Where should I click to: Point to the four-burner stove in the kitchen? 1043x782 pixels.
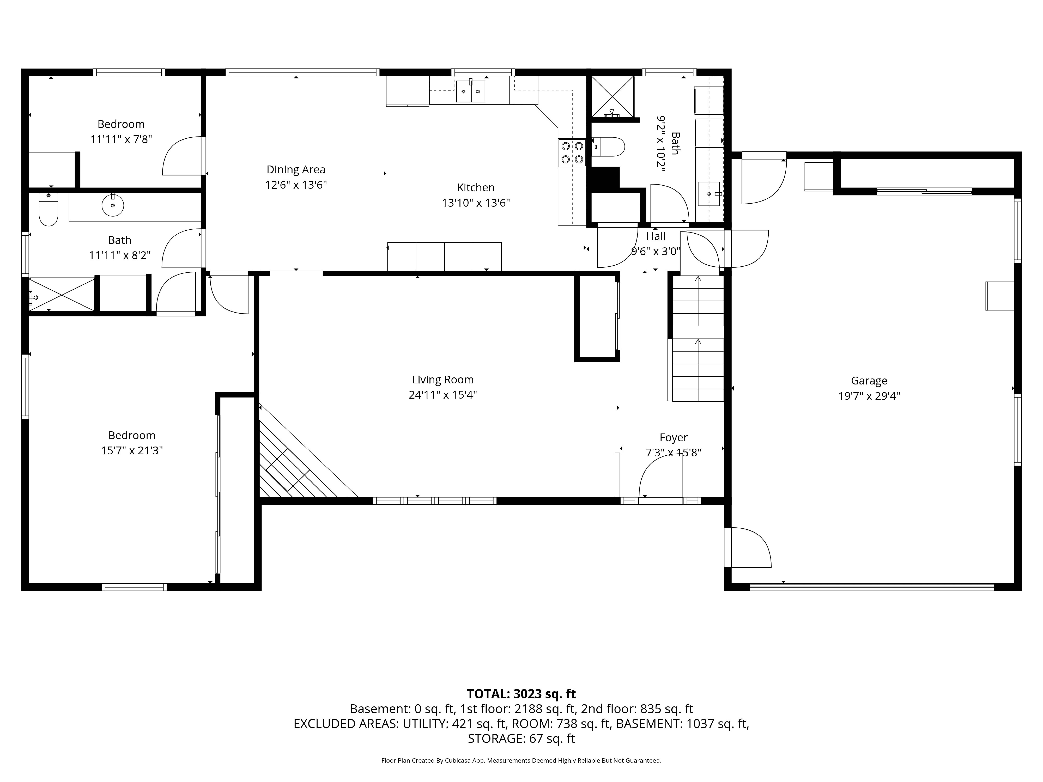click(x=572, y=153)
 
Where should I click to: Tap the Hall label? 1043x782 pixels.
click(x=656, y=236)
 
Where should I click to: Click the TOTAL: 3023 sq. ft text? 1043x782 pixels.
click(x=521, y=694)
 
